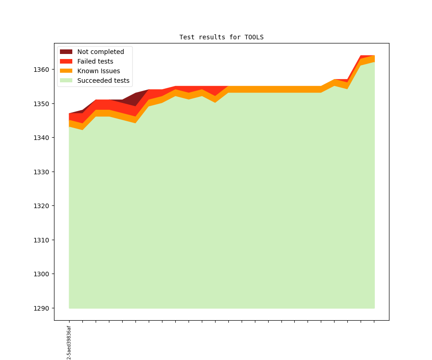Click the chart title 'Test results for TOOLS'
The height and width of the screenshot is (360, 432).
coord(221,37)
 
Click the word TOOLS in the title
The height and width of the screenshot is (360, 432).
coord(254,37)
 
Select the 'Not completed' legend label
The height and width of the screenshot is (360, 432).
coord(100,52)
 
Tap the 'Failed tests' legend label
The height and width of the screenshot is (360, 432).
coord(95,61)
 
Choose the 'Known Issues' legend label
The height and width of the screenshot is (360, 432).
coord(98,71)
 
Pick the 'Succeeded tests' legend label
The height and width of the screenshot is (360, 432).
coord(103,81)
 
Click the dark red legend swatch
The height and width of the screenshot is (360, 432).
coord(66,52)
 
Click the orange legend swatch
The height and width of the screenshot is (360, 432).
coord(66,71)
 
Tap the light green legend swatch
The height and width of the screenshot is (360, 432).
coord(66,81)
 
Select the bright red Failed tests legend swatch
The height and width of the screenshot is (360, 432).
coord(66,61)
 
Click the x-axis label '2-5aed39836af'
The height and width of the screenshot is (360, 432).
coord(69,343)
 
